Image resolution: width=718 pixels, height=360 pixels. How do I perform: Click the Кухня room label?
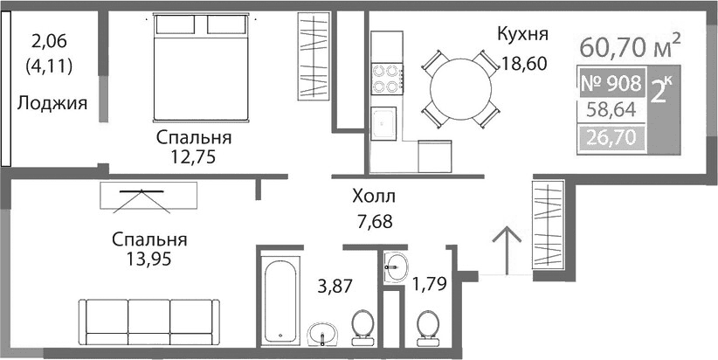[522, 35]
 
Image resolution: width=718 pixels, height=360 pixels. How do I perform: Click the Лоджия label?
[52, 104]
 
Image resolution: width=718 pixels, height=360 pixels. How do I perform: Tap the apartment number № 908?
[611, 85]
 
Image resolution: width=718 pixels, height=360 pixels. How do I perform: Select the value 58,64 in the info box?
[611, 111]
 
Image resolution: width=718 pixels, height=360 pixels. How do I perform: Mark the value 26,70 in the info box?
[611, 137]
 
